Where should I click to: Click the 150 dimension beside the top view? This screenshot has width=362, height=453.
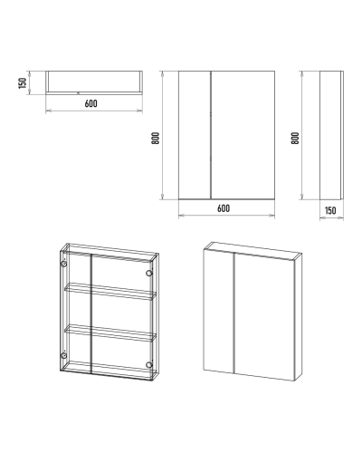click(x=23, y=83)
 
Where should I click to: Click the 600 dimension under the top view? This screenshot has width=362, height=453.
click(x=90, y=103)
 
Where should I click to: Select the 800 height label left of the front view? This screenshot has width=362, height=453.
click(x=156, y=138)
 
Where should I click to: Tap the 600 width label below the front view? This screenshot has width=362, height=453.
click(x=224, y=208)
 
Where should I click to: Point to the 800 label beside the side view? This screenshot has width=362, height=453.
click(x=295, y=138)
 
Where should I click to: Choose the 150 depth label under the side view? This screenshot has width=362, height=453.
click(x=330, y=210)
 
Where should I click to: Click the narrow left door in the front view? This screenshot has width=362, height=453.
click(x=195, y=135)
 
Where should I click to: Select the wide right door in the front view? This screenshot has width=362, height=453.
click(x=243, y=135)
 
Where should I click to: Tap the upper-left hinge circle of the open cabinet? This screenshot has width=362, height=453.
click(x=64, y=265)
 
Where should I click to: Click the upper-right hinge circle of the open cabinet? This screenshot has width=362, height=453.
click(x=149, y=274)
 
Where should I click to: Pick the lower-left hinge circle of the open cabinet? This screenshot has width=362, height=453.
click(x=63, y=355)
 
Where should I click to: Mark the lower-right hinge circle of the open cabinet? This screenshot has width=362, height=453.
click(x=149, y=365)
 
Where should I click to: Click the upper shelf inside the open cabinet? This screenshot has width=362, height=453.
click(x=110, y=291)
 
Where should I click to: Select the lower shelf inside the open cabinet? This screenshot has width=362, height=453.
click(x=110, y=333)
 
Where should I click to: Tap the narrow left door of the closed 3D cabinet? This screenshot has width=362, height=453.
click(x=219, y=312)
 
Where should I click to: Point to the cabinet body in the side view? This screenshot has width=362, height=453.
click(x=330, y=135)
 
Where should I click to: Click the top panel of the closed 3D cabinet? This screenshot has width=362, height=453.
click(x=252, y=250)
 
